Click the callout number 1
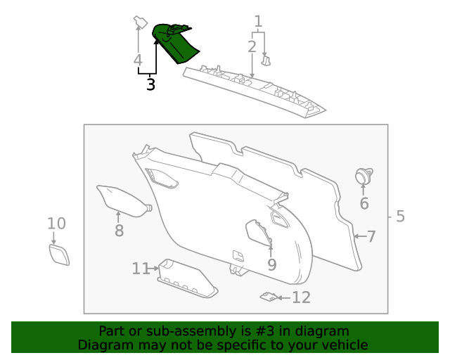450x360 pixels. coord(258,21)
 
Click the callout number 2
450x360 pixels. coord(252,47)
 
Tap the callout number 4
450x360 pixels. coord(138,60)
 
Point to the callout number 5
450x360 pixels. coord(400,216)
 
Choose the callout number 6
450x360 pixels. coord(364,204)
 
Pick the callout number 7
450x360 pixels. coord(371,236)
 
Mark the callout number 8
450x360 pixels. coord(119,231)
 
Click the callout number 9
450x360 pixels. coord(271,265)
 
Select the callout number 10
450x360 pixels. coord(56,224)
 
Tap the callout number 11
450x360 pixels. coord(141,268)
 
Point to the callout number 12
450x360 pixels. coord(301,297)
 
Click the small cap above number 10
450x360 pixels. coord(59,253)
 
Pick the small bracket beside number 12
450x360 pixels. coord(267,297)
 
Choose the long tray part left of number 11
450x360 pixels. coord(186,279)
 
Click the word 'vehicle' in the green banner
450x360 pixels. coord(342,345)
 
